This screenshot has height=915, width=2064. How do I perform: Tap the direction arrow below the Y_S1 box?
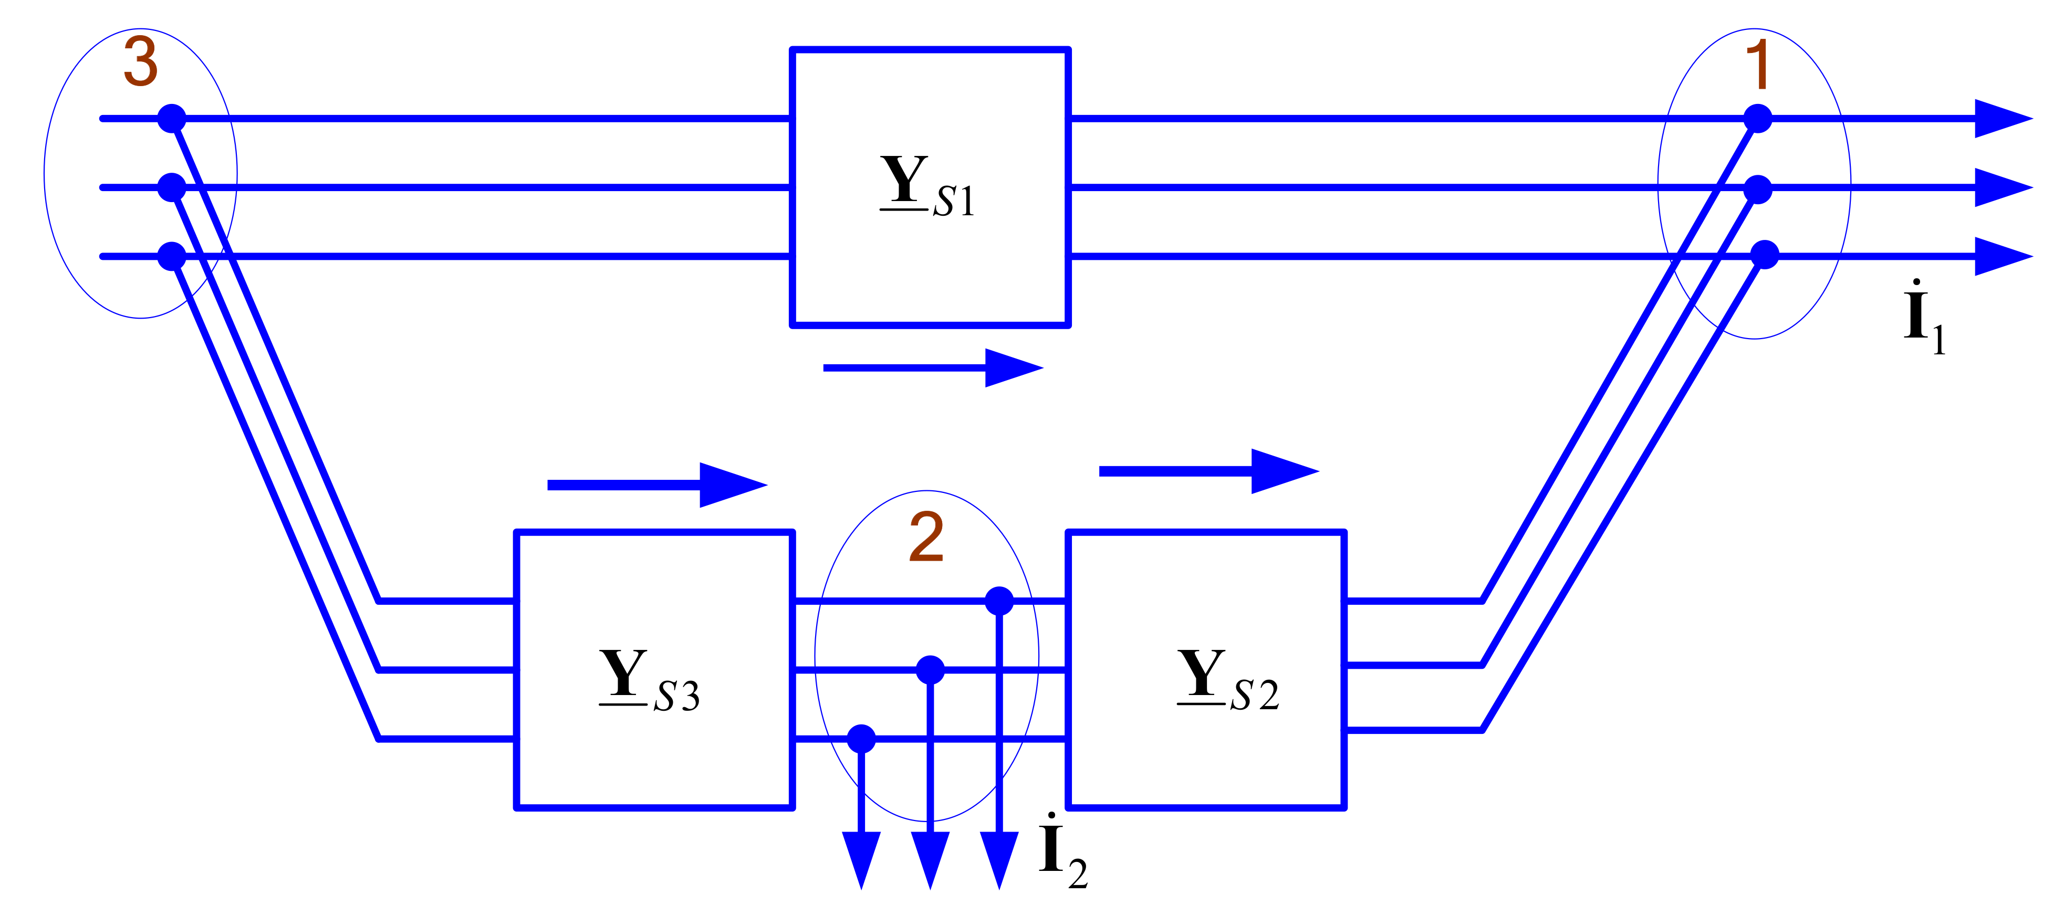point(933,368)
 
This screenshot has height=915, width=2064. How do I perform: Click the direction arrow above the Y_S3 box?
point(657,485)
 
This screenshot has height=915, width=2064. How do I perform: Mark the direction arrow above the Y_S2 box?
point(1208,471)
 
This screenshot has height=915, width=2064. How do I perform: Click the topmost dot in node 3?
point(171,119)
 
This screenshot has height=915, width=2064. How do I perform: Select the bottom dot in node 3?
point(171,256)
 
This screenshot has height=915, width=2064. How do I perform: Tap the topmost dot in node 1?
point(1757,119)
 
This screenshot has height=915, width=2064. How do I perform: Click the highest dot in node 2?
point(998,600)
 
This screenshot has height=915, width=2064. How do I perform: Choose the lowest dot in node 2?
point(861,738)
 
